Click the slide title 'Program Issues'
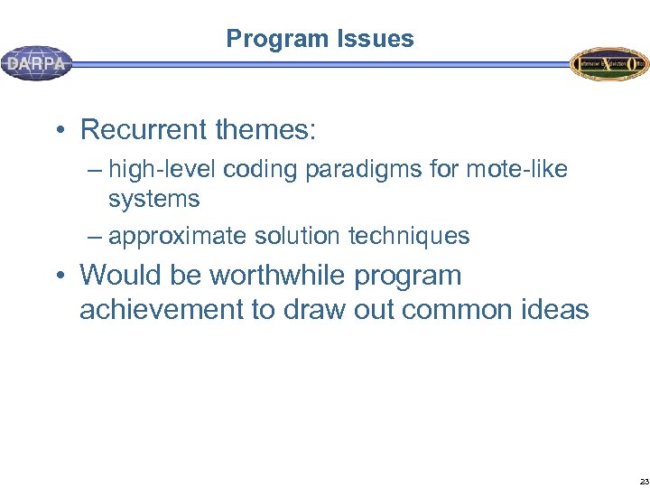click(320, 39)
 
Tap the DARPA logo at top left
click(37, 64)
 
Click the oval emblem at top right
click(608, 64)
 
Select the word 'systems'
click(153, 198)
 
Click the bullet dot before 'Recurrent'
click(58, 131)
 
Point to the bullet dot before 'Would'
click(58, 277)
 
